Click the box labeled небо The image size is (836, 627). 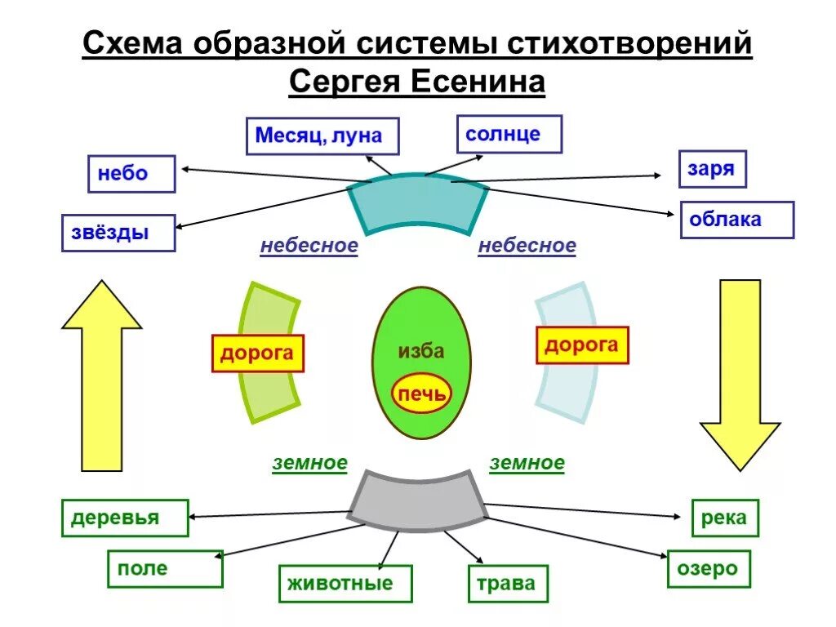coord(131,174)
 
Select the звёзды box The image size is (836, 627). coord(118,233)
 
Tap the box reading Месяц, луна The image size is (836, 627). coord(322,136)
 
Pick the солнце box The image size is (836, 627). coord(509,134)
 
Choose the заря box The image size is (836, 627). coord(712,170)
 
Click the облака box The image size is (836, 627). coord(736,220)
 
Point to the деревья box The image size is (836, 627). coord(125,518)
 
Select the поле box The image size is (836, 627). coord(165,568)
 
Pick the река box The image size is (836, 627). coord(724,518)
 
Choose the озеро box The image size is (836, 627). coord(708,568)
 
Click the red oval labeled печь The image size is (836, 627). coord(421,395)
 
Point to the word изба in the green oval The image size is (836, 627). coord(421,351)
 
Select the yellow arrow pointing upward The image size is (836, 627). coord(102,376)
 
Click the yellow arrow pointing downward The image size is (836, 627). coord(740,376)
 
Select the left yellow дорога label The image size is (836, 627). coord(257,354)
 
